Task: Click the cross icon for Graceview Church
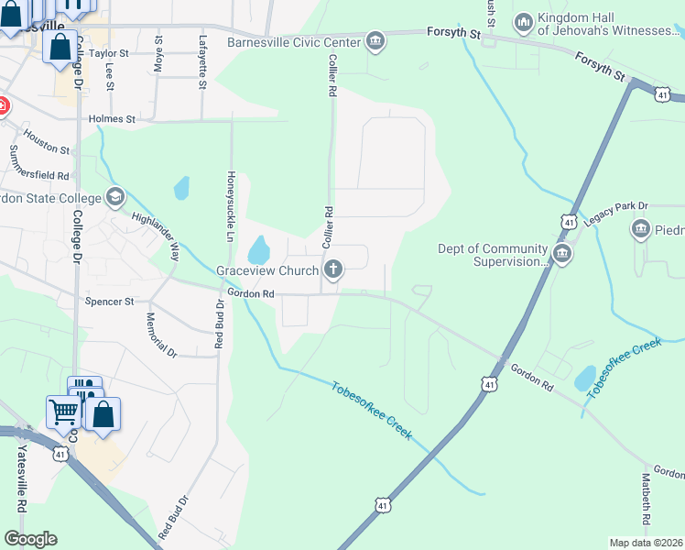[x=334, y=269]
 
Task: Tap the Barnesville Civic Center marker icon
[x=375, y=40]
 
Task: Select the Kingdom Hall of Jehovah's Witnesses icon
[x=523, y=21]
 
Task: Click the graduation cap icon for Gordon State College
[x=114, y=195]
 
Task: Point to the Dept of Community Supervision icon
[x=561, y=254]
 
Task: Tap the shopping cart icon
[x=63, y=412]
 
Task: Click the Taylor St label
[x=112, y=53]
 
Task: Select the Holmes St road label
[x=112, y=119]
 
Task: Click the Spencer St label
[x=109, y=301]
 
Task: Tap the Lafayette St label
[x=202, y=61]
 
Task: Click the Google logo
[x=30, y=539]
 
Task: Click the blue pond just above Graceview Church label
[x=259, y=249]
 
